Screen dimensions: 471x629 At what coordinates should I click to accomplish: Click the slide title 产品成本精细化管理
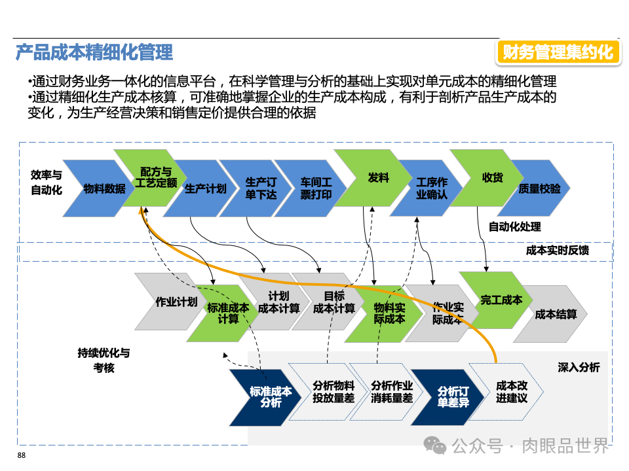pos(94,52)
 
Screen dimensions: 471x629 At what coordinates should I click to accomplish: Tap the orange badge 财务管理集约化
pos(558,52)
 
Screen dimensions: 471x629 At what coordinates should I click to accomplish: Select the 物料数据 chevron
pos(104,188)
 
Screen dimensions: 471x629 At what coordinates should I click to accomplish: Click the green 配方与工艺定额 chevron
pos(155,178)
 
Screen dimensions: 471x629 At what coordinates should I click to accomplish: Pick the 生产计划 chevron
pos(204,188)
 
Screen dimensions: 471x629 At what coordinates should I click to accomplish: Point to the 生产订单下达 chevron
pos(261,188)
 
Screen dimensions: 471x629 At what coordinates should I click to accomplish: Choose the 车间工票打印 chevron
pos(316,188)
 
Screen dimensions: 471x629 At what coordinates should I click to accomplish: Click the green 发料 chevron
pos(377,178)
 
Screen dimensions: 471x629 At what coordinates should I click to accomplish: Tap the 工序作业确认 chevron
pos(431,188)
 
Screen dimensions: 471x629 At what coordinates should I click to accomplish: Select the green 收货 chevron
pos(492,178)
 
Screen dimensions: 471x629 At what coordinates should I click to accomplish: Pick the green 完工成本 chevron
pos(501,300)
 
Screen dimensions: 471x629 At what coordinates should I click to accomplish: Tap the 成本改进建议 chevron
pos(511,392)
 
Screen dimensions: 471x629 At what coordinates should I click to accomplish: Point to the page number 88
pos(22,455)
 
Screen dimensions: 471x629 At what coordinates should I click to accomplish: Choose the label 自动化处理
pos(514,227)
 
